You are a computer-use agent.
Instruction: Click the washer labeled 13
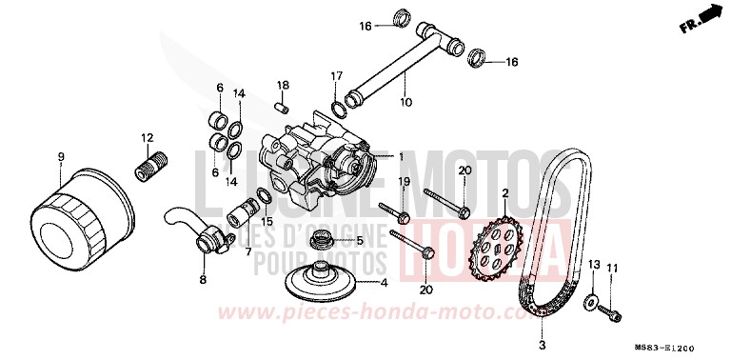pos(590,304)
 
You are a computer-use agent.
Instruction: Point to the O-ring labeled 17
pos(338,104)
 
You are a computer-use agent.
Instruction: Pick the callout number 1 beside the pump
pos(401,156)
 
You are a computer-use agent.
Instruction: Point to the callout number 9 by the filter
pos(60,156)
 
